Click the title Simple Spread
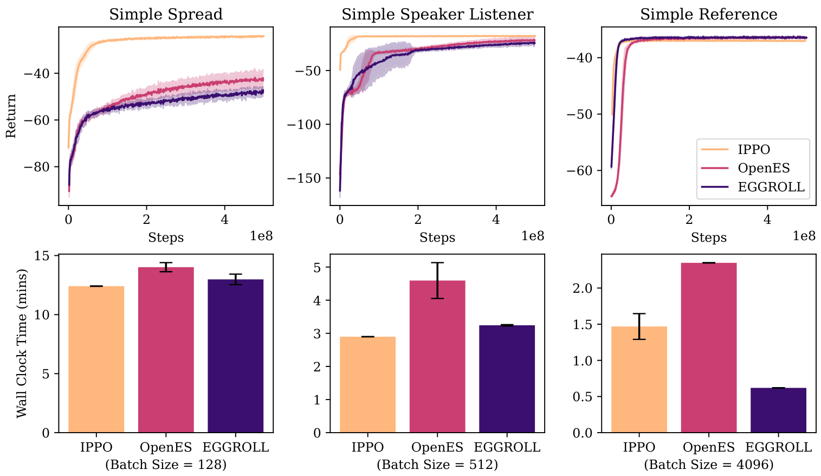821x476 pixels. (166, 14)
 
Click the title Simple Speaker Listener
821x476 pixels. (437, 14)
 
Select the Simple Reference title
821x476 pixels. (708, 14)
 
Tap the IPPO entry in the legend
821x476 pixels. (754, 150)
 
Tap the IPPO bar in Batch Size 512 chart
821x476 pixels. (367, 384)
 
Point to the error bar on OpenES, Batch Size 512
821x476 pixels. (437, 280)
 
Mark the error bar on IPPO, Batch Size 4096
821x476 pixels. (639, 326)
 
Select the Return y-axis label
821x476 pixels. (11, 116)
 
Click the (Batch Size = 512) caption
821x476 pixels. (437, 465)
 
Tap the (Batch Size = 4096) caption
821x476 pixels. (708, 465)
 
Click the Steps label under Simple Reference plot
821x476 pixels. (708, 237)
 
